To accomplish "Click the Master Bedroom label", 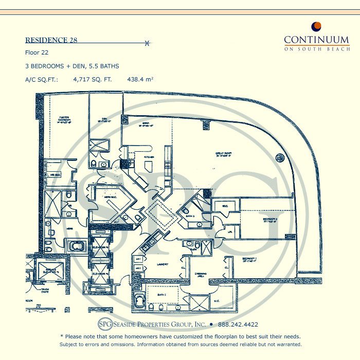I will (64, 120).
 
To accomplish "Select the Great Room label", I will (223, 153).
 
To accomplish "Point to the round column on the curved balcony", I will (280, 157).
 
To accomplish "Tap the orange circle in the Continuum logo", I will (317, 27).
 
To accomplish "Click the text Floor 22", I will (36, 52).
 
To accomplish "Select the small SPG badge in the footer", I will (105, 325).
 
